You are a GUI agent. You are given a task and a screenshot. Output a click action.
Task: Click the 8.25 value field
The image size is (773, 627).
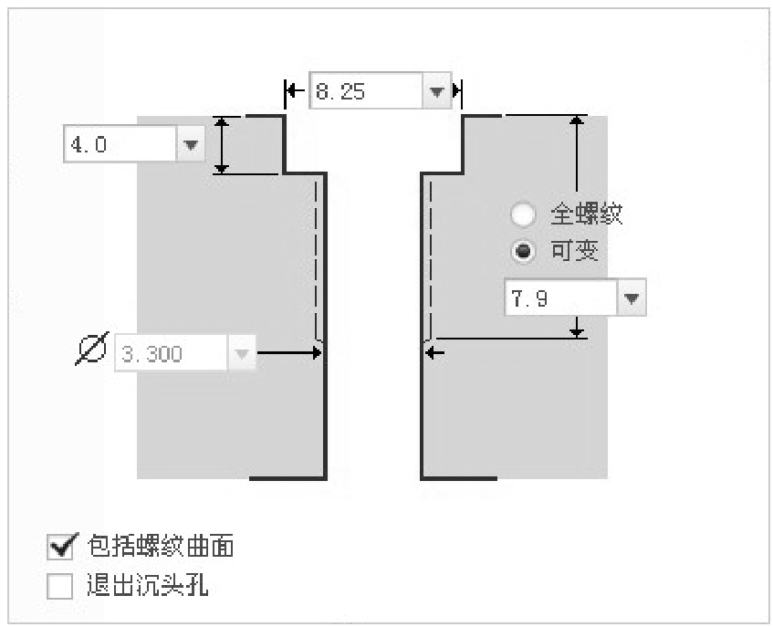click(366, 90)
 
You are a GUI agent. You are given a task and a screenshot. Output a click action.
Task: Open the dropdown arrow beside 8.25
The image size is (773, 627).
click(437, 90)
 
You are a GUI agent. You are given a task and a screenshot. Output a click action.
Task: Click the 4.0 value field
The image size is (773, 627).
click(120, 144)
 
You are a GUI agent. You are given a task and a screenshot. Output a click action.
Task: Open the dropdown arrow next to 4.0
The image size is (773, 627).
click(191, 144)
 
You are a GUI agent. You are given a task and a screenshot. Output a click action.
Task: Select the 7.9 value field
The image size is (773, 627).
click(561, 298)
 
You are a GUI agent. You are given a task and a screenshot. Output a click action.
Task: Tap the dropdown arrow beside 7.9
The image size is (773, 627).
click(632, 298)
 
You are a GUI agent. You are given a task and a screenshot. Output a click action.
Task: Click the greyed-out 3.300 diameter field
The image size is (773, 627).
click(171, 353)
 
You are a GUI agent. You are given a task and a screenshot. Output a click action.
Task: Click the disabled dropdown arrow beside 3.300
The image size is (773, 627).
click(242, 353)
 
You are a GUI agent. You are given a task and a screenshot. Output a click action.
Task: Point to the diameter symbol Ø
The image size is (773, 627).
click(92, 349)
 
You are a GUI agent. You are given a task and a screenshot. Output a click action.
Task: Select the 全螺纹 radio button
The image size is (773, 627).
click(523, 214)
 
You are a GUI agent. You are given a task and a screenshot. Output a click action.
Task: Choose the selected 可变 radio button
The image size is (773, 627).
click(523, 251)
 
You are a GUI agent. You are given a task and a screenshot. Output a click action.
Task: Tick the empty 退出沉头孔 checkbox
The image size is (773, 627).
click(59, 585)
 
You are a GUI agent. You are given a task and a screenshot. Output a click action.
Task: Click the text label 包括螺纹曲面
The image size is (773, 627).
click(161, 546)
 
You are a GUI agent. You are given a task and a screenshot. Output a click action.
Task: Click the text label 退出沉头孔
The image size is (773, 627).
click(148, 585)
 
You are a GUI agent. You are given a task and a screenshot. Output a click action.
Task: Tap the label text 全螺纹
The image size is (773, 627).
click(586, 214)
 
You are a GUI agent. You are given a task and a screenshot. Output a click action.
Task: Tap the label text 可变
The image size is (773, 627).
click(574, 251)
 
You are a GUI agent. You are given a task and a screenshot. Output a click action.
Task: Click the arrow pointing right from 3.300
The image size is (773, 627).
click(289, 352)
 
